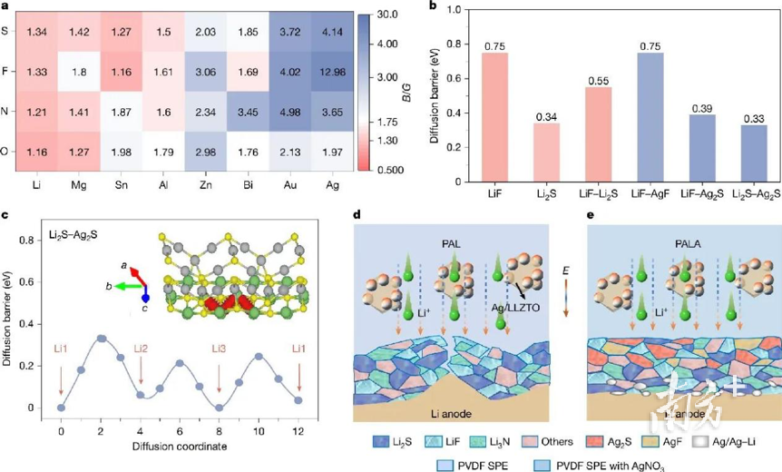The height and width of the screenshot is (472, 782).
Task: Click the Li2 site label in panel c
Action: tap(141, 349)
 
